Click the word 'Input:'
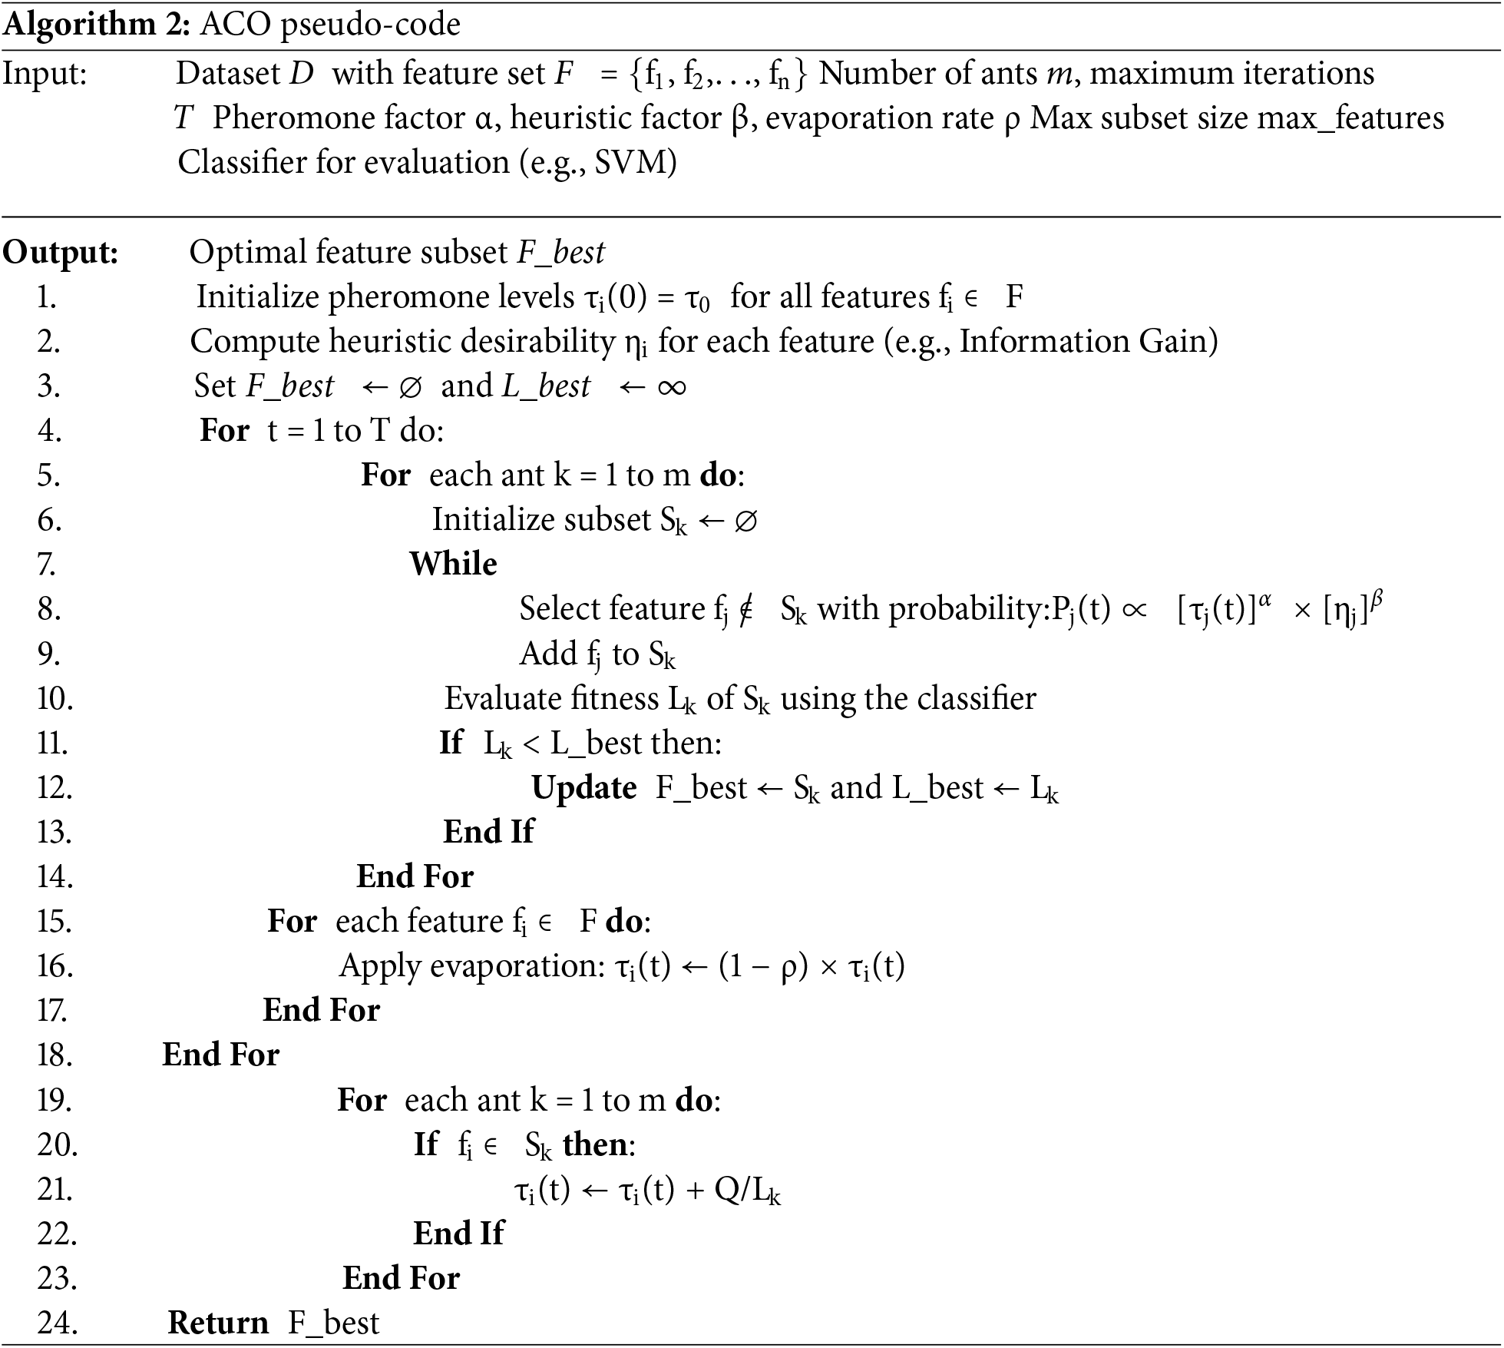coord(45,75)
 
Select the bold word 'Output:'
coord(61,253)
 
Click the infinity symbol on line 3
coord(672,386)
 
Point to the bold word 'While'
coord(453,565)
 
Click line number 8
coord(48,610)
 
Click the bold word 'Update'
coord(583,788)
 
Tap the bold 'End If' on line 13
coord(488,833)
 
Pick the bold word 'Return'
coord(218,1323)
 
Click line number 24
coord(57,1323)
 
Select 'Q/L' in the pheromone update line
coord(742,1190)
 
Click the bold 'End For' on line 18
coord(221,1055)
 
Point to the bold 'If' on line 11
coord(451,744)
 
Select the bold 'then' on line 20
coord(595,1145)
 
